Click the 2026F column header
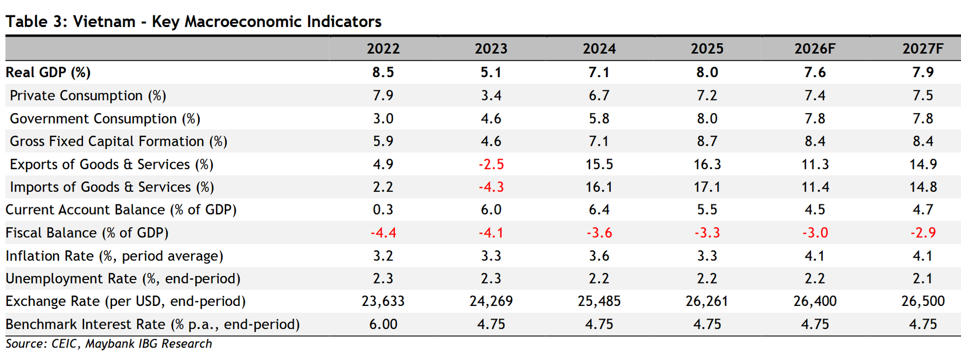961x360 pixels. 815,49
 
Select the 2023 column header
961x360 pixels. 491,49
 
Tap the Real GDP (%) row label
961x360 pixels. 48,73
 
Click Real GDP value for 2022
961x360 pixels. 383,72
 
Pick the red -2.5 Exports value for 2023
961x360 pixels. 491,164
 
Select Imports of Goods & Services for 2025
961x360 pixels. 707,187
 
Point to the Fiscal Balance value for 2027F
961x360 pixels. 922,233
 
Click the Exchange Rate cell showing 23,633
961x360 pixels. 383,301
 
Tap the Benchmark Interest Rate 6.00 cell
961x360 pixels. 383,324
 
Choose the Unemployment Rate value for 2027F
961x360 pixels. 922,278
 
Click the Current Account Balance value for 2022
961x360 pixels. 383,210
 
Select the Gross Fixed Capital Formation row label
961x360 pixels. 119,142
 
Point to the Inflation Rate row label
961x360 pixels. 115,256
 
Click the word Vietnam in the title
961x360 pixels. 104,22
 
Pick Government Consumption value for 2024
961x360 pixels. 599,119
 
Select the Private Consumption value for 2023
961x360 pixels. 491,96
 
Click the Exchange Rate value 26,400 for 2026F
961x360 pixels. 815,301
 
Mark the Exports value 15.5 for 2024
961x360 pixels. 599,164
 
